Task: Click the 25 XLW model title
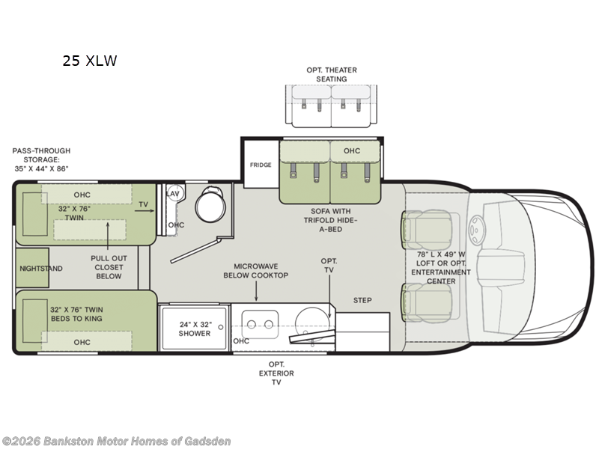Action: point(90,61)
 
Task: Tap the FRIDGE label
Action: point(261,165)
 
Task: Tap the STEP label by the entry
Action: point(362,301)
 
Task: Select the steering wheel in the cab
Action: point(476,225)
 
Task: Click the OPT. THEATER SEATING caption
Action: point(332,75)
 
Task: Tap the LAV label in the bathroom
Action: point(173,194)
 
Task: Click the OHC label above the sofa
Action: point(352,151)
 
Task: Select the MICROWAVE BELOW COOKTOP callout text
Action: point(255,271)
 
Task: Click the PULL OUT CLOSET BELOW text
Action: point(109,266)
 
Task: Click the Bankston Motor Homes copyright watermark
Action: point(117,441)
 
